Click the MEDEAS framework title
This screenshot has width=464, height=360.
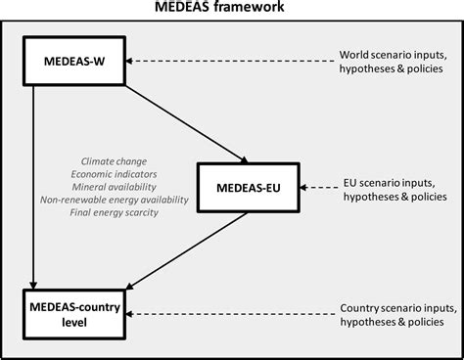(x=231, y=9)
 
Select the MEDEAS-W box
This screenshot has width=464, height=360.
(x=67, y=61)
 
